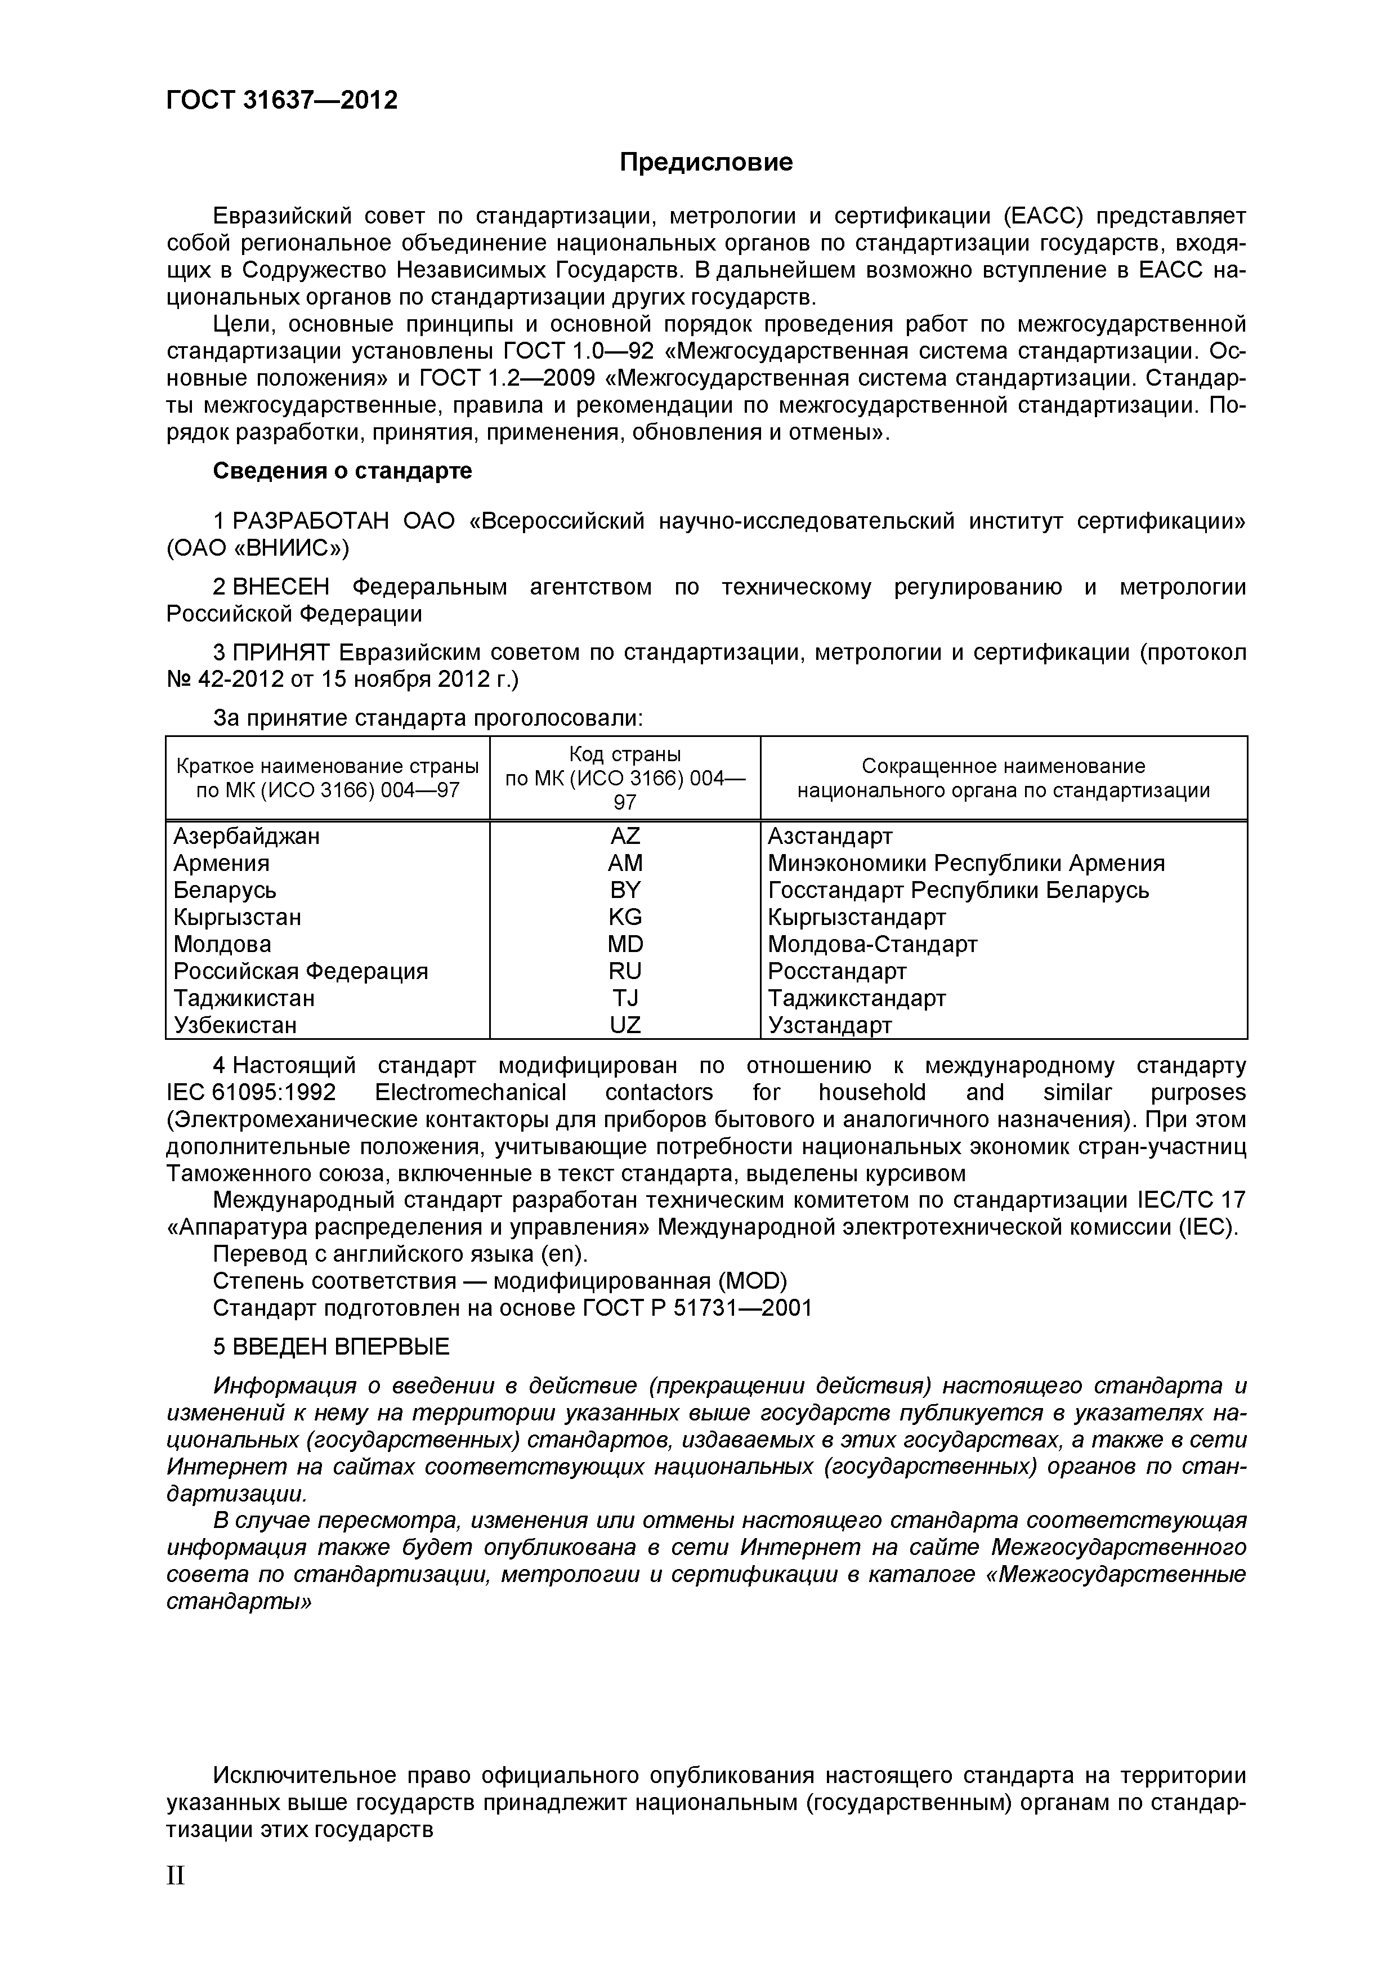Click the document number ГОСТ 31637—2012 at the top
click(x=281, y=101)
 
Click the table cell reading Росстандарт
click(x=837, y=971)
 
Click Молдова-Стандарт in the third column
click(x=872, y=945)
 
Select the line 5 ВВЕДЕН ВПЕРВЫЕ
click(x=331, y=1347)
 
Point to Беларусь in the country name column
click(x=225, y=890)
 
